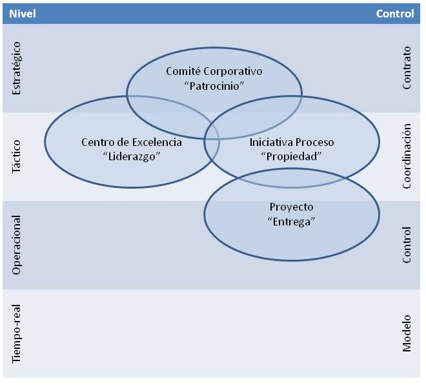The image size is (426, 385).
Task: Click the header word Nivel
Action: [22, 14]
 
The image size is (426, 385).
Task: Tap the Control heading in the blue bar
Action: [395, 14]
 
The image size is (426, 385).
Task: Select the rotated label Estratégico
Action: [17, 68]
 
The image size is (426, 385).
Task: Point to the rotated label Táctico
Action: [17, 157]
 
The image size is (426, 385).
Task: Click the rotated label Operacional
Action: [17, 245]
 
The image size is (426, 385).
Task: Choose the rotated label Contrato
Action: [407, 68]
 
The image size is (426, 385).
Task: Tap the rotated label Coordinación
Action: [407, 157]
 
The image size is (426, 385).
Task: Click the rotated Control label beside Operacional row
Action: [407, 245]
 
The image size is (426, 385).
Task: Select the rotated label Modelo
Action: [407, 334]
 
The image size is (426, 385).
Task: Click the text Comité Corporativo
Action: [214, 71]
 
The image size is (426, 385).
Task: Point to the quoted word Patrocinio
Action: [214, 85]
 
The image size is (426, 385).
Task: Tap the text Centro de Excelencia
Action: [132, 142]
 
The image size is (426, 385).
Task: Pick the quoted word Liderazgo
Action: [132, 156]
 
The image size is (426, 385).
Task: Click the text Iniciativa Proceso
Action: [292, 142]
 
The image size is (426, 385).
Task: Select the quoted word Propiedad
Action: [292, 156]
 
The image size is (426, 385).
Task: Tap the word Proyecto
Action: [291, 207]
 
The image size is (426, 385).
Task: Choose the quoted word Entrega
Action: [291, 222]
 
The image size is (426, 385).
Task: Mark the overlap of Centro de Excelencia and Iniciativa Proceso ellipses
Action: [212, 140]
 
